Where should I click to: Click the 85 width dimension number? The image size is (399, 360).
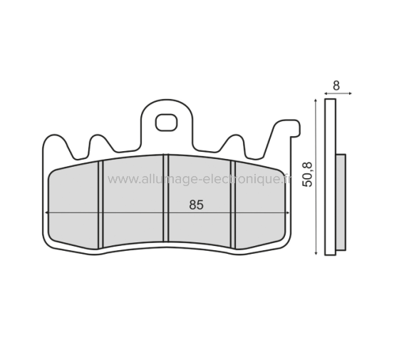click(197, 205)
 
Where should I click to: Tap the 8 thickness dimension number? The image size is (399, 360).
click(336, 84)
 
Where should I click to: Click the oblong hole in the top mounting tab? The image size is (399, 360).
click(167, 123)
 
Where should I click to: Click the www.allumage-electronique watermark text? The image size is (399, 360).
click(199, 179)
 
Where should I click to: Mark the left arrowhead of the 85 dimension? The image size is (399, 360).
click(48, 212)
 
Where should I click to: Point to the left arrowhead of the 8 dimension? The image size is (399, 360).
click(326, 93)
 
